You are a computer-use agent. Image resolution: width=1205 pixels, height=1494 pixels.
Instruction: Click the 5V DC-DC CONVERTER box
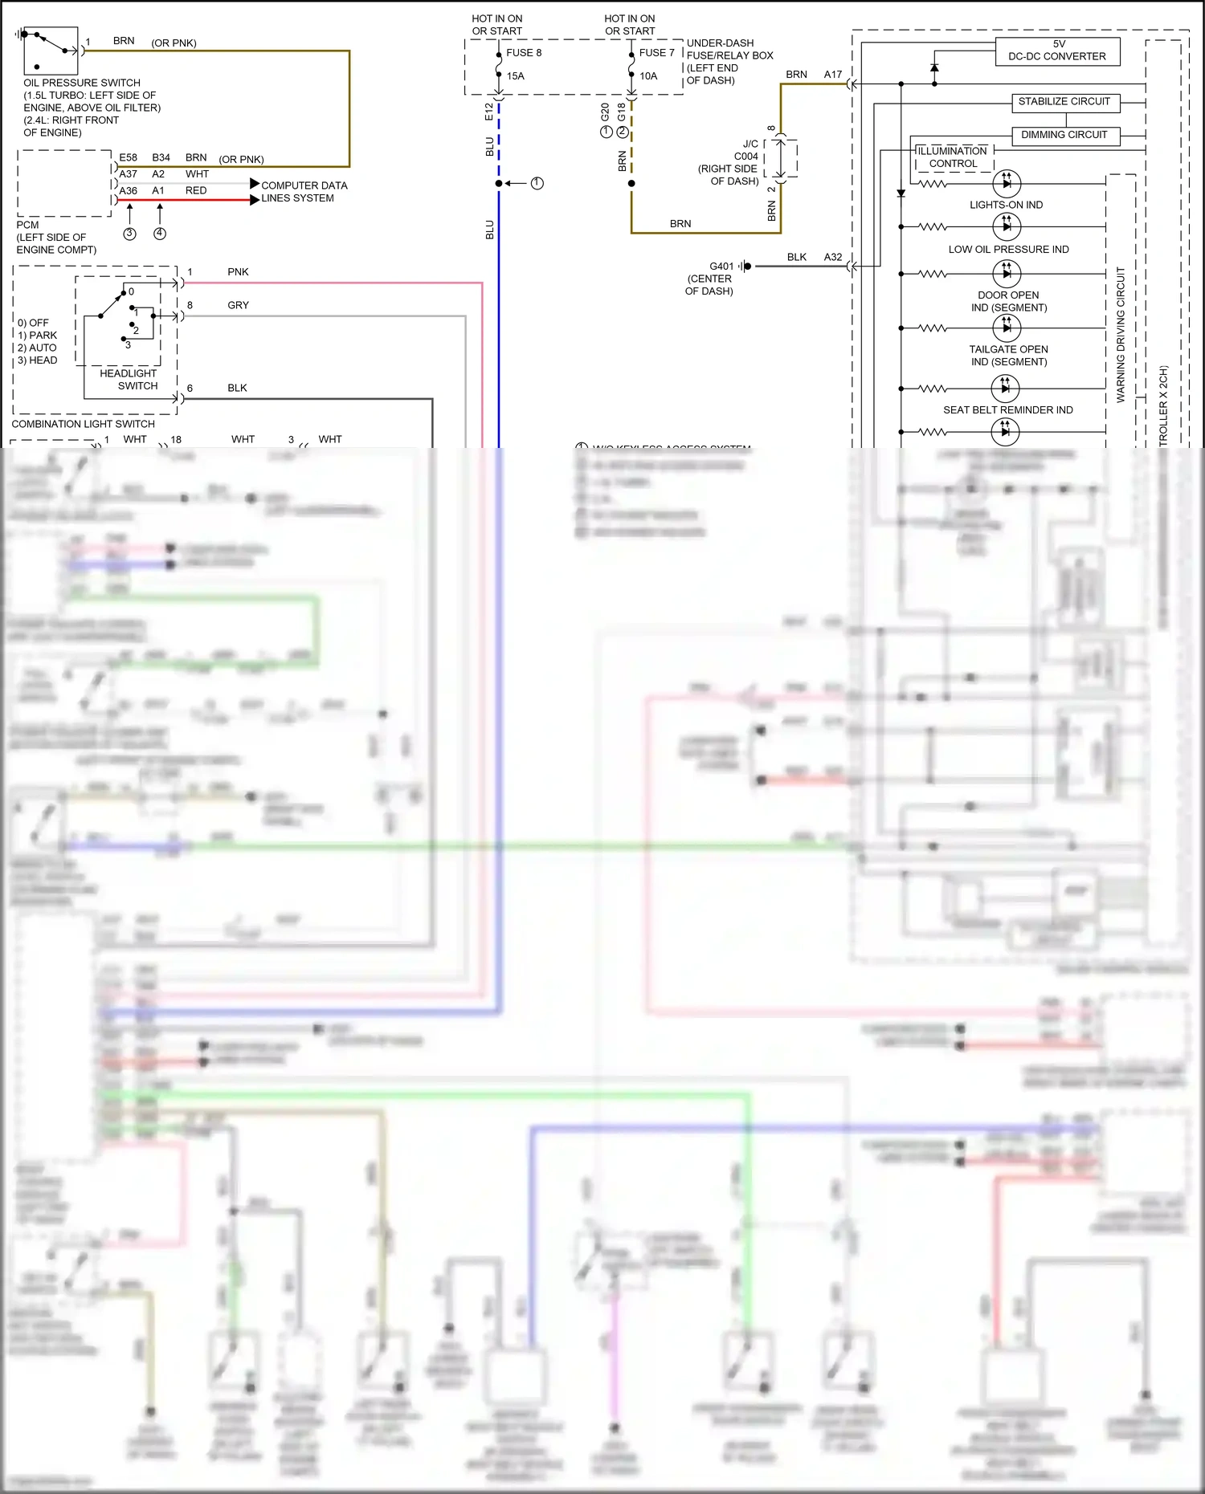(x=1057, y=51)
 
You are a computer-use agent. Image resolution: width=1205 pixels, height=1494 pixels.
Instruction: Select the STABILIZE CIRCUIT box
(x=1064, y=102)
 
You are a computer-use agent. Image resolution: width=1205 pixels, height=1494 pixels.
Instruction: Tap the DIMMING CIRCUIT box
(x=1064, y=135)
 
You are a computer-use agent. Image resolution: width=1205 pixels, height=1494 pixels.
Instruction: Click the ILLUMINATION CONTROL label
(x=953, y=157)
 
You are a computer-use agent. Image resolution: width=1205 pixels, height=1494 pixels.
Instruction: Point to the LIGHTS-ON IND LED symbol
(x=1007, y=184)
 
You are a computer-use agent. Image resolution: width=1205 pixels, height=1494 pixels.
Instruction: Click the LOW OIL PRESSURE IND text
(x=1008, y=250)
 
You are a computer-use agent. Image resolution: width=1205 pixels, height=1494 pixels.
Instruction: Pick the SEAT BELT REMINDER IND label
(x=1007, y=410)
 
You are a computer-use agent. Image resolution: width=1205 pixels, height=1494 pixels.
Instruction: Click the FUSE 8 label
(x=524, y=53)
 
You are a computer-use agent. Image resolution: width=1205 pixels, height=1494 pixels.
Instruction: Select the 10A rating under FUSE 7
(x=648, y=76)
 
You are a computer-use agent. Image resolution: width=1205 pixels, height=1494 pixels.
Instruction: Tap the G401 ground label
(x=721, y=267)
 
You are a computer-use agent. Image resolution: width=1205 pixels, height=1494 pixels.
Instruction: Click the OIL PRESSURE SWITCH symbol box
(x=51, y=51)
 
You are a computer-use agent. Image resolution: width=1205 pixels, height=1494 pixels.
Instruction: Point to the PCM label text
(x=27, y=225)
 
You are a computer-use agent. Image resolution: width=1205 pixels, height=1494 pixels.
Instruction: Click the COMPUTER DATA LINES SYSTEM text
(x=303, y=192)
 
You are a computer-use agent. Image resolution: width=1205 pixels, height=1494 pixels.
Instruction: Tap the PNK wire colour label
(x=238, y=272)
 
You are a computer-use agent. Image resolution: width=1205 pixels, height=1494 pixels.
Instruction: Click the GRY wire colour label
(x=238, y=306)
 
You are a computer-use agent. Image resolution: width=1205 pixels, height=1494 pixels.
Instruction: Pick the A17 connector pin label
(x=833, y=75)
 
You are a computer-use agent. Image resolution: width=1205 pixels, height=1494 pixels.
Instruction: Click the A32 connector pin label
(x=833, y=258)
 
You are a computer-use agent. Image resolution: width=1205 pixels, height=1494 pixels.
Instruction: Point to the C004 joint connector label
(x=745, y=157)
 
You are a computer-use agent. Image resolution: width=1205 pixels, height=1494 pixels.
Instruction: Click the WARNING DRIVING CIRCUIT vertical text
(x=1121, y=334)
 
